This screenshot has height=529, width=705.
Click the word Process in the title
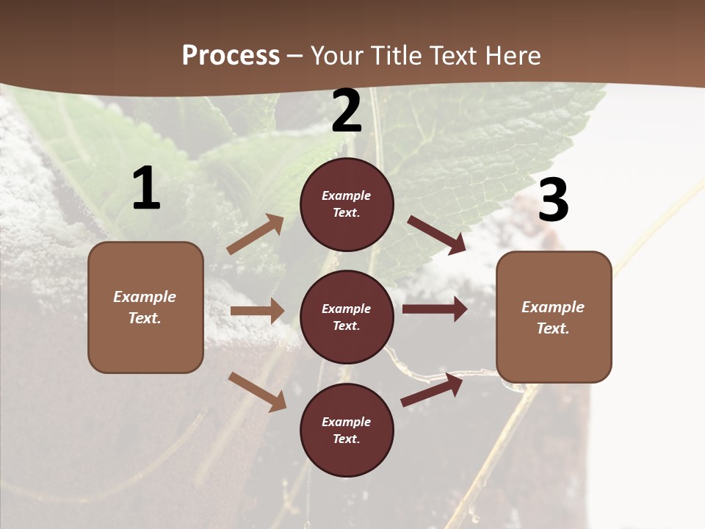point(231,55)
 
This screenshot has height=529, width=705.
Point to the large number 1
point(146,189)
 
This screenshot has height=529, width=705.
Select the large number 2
point(347,111)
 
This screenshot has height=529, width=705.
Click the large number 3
point(553,200)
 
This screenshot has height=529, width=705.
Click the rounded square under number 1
point(145,307)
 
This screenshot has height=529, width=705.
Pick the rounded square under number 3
point(554,317)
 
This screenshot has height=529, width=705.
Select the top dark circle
point(347,204)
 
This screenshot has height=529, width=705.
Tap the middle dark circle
point(347,317)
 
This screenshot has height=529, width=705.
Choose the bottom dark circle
point(347,430)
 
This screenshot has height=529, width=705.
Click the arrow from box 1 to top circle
point(256,234)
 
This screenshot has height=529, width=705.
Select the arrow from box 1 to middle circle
point(257,311)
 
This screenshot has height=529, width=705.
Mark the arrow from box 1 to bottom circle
point(257,392)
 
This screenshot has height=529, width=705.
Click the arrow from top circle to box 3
point(437,235)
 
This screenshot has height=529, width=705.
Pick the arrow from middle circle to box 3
point(435,309)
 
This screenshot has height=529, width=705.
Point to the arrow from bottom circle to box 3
point(432,389)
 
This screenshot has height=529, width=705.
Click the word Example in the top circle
point(347,195)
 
